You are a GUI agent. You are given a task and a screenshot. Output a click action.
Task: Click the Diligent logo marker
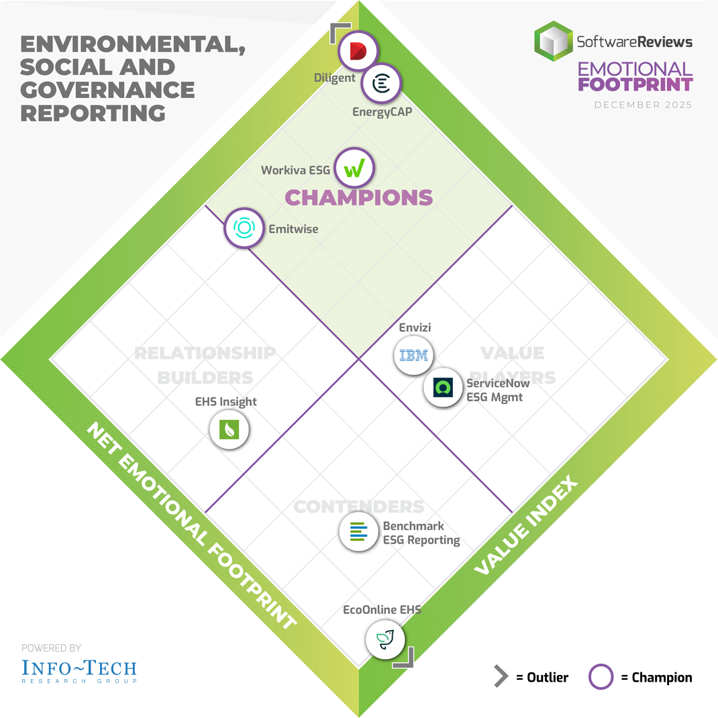[x=358, y=51]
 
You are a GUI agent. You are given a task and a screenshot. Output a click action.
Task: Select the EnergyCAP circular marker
[x=382, y=85]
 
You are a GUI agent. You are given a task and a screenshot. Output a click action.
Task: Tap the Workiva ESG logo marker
[x=354, y=168]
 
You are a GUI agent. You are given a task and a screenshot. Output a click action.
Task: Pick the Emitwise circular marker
[x=243, y=228]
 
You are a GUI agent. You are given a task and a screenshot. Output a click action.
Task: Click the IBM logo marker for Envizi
[x=413, y=356]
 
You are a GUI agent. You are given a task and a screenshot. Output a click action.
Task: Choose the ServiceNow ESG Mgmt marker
[x=443, y=387]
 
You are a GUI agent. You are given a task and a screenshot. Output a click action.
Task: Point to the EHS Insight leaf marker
[x=229, y=429]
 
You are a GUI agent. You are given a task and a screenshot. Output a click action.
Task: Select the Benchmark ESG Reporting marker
[x=358, y=531]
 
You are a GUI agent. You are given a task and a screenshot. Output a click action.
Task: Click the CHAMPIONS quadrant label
[x=359, y=198]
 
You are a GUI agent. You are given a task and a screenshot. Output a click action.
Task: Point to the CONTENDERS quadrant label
[x=359, y=507]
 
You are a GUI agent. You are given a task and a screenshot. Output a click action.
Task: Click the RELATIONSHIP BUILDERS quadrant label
[x=205, y=365]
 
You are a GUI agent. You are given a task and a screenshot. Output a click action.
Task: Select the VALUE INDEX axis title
[x=526, y=526]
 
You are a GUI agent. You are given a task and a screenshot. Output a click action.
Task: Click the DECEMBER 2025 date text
[x=643, y=105]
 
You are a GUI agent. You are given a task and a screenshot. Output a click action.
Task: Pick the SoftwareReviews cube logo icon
[x=554, y=41]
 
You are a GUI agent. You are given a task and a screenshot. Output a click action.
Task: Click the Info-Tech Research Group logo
[x=79, y=670]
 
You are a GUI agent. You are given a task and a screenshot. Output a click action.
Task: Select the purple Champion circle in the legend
[x=601, y=677]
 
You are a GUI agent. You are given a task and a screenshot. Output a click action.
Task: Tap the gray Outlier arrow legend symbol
[x=501, y=677]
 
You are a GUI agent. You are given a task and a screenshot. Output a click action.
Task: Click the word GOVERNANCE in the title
[x=107, y=89]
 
